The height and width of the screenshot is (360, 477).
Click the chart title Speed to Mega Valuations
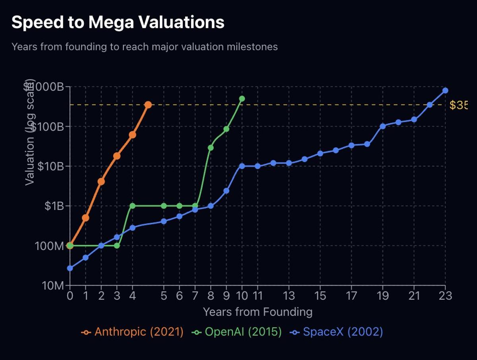[x=118, y=23]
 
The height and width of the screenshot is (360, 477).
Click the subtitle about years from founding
[x=144, y=47]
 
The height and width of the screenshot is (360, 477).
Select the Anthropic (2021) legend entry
[x=133, y=332]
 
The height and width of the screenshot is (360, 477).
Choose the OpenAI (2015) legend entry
[x=237, y=332]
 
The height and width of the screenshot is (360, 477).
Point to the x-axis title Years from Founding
[x=258, y=311]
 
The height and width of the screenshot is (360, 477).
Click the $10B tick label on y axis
[x=50, y=166]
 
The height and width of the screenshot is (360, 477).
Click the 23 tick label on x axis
[x=445, y=296]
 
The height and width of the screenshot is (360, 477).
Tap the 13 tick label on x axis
[x=289, y=296]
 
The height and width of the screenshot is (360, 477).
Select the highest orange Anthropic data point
[x=148, y=105]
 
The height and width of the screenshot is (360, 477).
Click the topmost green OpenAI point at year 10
[x=242, y=99]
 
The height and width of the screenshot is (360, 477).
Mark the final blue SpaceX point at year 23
[x=445, y=91]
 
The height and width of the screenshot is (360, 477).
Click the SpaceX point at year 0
[x=70, y=268]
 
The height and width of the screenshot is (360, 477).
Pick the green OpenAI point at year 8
[x=211, y=148]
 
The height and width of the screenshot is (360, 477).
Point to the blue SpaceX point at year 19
[x=383, y=126]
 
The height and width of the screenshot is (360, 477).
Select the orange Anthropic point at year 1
[x=85, y=218]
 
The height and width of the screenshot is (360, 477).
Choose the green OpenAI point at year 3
[x=117, y=245]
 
